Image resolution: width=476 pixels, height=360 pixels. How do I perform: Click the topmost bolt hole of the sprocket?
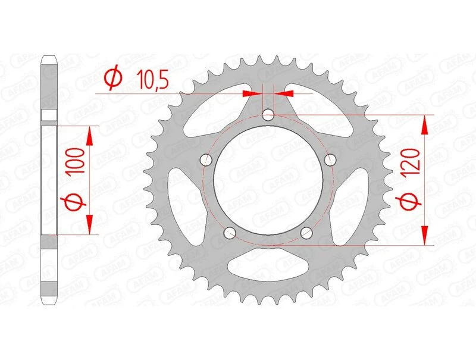point(268,114)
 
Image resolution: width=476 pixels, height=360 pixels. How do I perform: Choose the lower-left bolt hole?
point(230,232)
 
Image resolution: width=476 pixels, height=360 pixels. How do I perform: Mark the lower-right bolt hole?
point(306,232)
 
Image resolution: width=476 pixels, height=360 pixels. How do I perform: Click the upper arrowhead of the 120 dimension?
point(425,124)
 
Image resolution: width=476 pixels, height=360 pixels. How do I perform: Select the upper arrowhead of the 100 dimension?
point(90,136)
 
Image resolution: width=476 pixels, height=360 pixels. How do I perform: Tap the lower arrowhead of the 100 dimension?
point(90,225)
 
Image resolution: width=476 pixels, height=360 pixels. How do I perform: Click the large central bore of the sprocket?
point(268,179)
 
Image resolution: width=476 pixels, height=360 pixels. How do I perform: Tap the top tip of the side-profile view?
point(49,58)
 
